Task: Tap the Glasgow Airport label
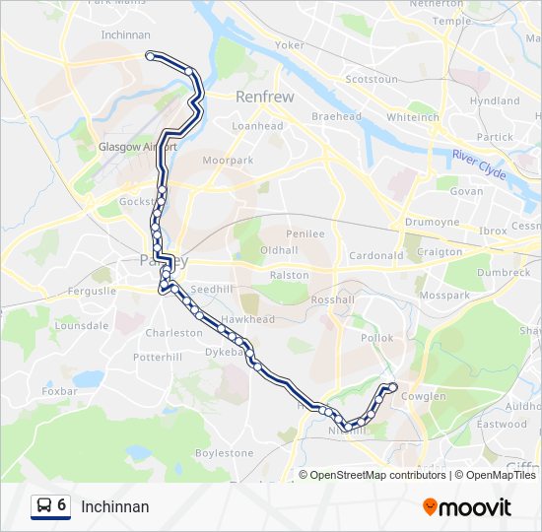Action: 137,147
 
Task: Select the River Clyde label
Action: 480,165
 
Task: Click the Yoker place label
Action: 290,45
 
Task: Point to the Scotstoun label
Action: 372,79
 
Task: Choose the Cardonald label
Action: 376,255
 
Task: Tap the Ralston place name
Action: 289,275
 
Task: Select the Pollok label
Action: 376,338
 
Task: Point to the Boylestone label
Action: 224,453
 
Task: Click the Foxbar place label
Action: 60,391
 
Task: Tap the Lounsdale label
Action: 81,325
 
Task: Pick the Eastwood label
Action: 502,424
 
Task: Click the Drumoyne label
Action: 433,223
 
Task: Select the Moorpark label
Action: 228,160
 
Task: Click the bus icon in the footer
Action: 44,505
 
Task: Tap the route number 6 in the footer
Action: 62,505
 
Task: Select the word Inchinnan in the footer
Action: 115,506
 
